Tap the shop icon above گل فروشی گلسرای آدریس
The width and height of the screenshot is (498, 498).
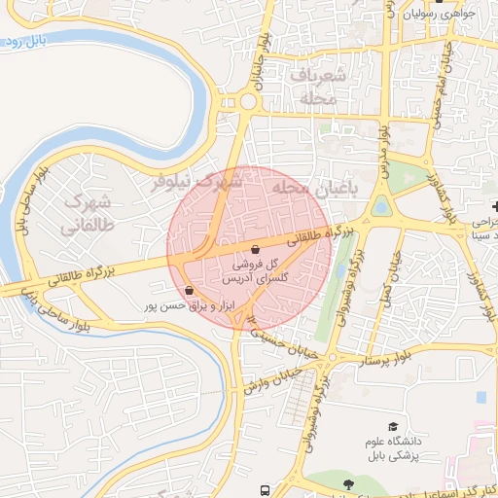tap(255, 248)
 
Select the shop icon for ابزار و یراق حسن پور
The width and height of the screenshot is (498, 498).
tap(189, 290)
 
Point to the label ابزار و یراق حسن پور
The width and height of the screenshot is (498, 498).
tap(179, 305)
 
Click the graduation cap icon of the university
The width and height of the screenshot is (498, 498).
tap(393, 426)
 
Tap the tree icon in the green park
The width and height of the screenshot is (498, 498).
tap(347, 483)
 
